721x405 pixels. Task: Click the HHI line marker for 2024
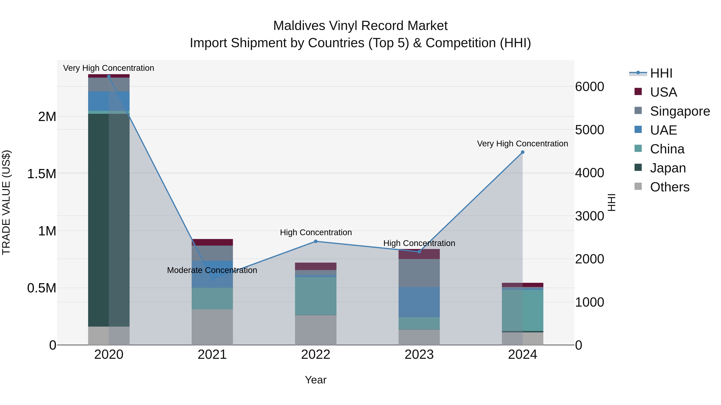[x=522, y=152]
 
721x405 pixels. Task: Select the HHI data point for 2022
[x=315, y=241]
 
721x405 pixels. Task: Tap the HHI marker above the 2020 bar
[x=109, y=76]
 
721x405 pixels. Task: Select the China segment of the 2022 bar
[x=315, y=296]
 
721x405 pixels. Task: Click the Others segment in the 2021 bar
[x=212, y=327]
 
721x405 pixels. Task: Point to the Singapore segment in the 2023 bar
[x=419, y=273]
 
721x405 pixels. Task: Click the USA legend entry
[x=663, y=92]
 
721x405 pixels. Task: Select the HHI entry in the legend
[x=661, y=73]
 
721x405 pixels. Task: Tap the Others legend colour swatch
[x=638, y=186]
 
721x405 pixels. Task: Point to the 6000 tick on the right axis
[x=589, y=87]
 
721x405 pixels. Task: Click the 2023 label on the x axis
[x=419, y=355]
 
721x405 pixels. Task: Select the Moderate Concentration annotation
[x=212, y=270]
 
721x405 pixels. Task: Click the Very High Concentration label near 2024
[x=522, y=144]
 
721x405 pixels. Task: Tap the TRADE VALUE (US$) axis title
[x=6, y=202]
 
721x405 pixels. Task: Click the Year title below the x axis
[x=315, y=380]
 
